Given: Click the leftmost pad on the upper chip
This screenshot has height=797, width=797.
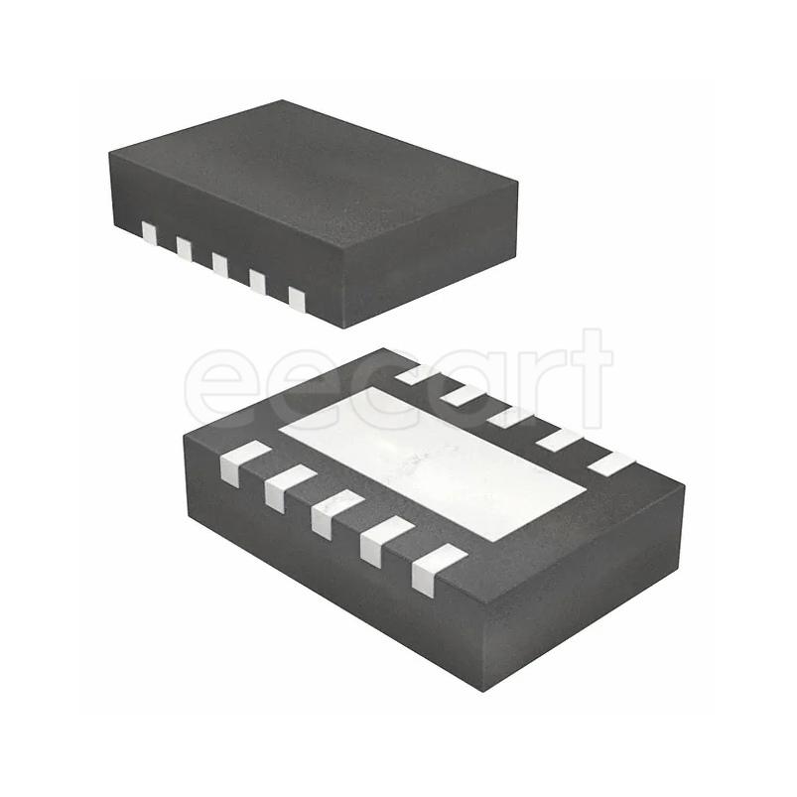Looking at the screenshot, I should pyautogui.click(x=150, y=233).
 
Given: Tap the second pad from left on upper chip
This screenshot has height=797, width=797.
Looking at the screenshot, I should pyautogui.click(x=184, y=247).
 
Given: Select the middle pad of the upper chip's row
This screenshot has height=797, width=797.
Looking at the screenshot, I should pyautogui.click(x=219, y=265).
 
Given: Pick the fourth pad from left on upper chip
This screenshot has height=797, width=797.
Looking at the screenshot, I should pyautogui.click(x=257, y=281).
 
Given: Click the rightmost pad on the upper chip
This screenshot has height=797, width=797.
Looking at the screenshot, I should pyautogui.click(x=296, y=296).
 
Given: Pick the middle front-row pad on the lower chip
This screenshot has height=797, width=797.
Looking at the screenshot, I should pyautogui.click(x=335, y=513).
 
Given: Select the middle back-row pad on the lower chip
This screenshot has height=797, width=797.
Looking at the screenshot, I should pyautogui.click(x=508, y=417).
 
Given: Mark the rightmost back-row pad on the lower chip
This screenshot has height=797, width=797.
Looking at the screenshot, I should pyautogui.click(x=609, y=462).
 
